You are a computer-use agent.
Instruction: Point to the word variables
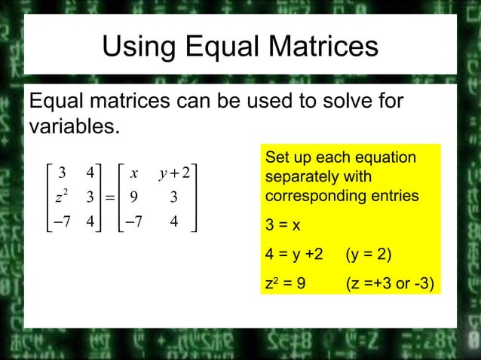tap(73, 125)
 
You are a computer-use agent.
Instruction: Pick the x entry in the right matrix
tap(133, 173)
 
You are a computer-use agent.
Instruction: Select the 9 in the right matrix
tap(133, 198)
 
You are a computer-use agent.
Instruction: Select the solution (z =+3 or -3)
tap(389, 284)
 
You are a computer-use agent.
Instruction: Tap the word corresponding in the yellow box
tap(308, 195)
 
